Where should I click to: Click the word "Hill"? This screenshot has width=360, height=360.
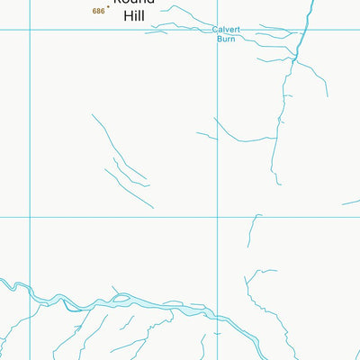(133, 14)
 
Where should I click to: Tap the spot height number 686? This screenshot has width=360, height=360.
(98, 11)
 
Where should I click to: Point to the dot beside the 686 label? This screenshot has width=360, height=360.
(108, 7)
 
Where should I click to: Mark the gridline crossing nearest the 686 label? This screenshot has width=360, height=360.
(30, 29)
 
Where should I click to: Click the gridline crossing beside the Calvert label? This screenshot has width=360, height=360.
(217, 29)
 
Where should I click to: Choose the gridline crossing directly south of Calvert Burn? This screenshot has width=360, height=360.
(217, 217)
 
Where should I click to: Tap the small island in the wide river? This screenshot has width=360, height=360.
(121, 298)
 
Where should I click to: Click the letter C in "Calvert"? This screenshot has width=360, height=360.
(215, 30)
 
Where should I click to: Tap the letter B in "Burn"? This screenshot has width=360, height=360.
(219, 40)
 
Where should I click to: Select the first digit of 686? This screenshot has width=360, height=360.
(94, 11)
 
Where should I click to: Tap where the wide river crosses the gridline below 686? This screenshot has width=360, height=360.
(30, 293)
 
